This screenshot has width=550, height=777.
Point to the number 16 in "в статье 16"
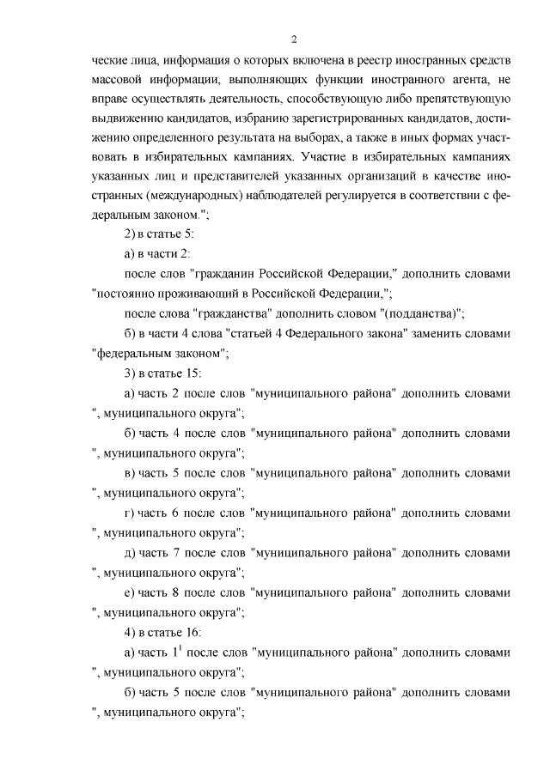(x=193, y=632)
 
